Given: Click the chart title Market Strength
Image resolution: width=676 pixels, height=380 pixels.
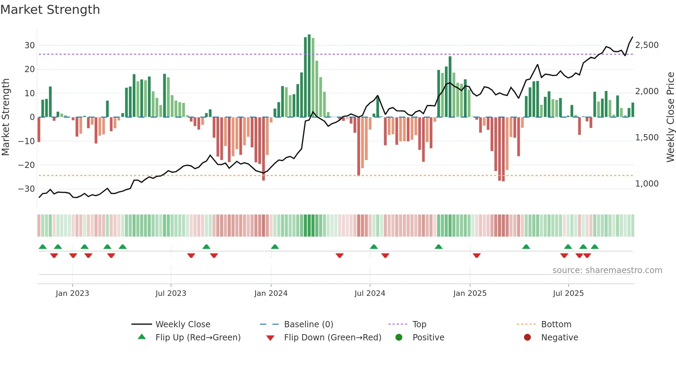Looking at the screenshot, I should (x=50, y=10).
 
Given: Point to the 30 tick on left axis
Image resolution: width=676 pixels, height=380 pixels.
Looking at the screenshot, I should (x=29, y=46).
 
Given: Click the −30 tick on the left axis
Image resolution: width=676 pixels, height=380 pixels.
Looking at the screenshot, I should (x=27, y=189).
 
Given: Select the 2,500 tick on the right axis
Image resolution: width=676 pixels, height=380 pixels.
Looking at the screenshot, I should (x=647, y=45).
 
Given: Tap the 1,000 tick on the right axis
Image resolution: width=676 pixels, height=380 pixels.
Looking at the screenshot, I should (x=647, y=184).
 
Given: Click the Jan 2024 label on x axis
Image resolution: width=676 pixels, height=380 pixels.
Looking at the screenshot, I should (x=271, y=293).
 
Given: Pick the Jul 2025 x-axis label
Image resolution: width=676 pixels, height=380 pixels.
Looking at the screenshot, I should (x=568, y=293).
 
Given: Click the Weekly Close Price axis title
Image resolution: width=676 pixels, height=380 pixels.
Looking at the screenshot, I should (x=670, y=117).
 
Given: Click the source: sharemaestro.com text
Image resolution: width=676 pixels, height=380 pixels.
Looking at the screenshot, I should (x=607, y=270).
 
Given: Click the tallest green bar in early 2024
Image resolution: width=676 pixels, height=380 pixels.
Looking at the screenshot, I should (x=309, y=76).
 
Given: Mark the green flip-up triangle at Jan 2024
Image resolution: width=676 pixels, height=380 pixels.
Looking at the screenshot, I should (x=275, y=247).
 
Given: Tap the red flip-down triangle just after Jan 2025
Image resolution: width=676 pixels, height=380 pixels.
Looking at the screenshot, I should (x=477, y=256).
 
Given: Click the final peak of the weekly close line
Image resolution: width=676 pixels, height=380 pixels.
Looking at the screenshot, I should (x=632, y=37).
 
